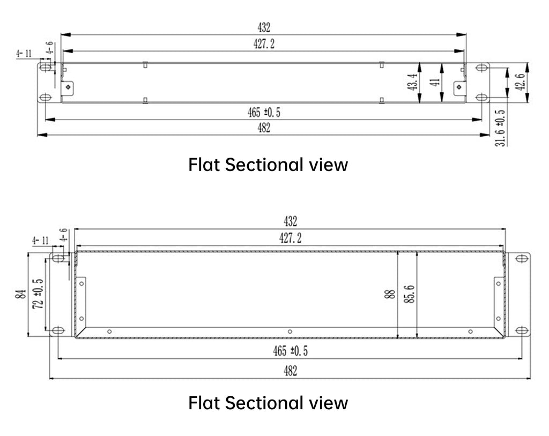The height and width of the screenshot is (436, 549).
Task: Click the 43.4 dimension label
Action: tap(413, 82)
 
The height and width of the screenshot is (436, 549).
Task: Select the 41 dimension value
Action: tap(434, 82)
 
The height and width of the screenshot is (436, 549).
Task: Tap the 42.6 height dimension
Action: tap(520, 82)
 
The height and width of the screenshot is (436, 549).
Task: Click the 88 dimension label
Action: tap(390, 294)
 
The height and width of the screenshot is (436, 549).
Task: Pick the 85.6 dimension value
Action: tap(410, 294)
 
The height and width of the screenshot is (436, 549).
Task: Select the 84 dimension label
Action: tap(21, 294)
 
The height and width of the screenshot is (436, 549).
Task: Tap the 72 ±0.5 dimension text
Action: tap(38, 293)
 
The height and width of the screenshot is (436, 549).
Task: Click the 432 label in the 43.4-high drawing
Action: tap(264, 27)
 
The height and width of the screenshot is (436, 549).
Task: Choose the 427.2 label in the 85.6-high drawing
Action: tap(290, 238)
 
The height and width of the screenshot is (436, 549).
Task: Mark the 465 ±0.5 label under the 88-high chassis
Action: tap(290, 351)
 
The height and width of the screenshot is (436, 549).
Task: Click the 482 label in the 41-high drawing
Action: tap(264, 128)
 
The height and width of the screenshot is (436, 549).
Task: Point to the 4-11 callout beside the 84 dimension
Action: tap(40, 241)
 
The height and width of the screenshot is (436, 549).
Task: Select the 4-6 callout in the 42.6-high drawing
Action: tap(50, 47)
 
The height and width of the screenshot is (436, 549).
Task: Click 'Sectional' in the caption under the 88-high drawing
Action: tap(264, 403)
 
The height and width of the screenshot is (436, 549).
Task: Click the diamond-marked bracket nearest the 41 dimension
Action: tap(459, 87)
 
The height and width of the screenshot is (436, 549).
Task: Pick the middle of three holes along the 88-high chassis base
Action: tap(290, 331)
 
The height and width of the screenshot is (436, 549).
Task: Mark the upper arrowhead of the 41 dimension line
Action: tap(442, 68)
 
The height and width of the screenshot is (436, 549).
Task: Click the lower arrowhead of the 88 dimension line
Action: tap(398, 335)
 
